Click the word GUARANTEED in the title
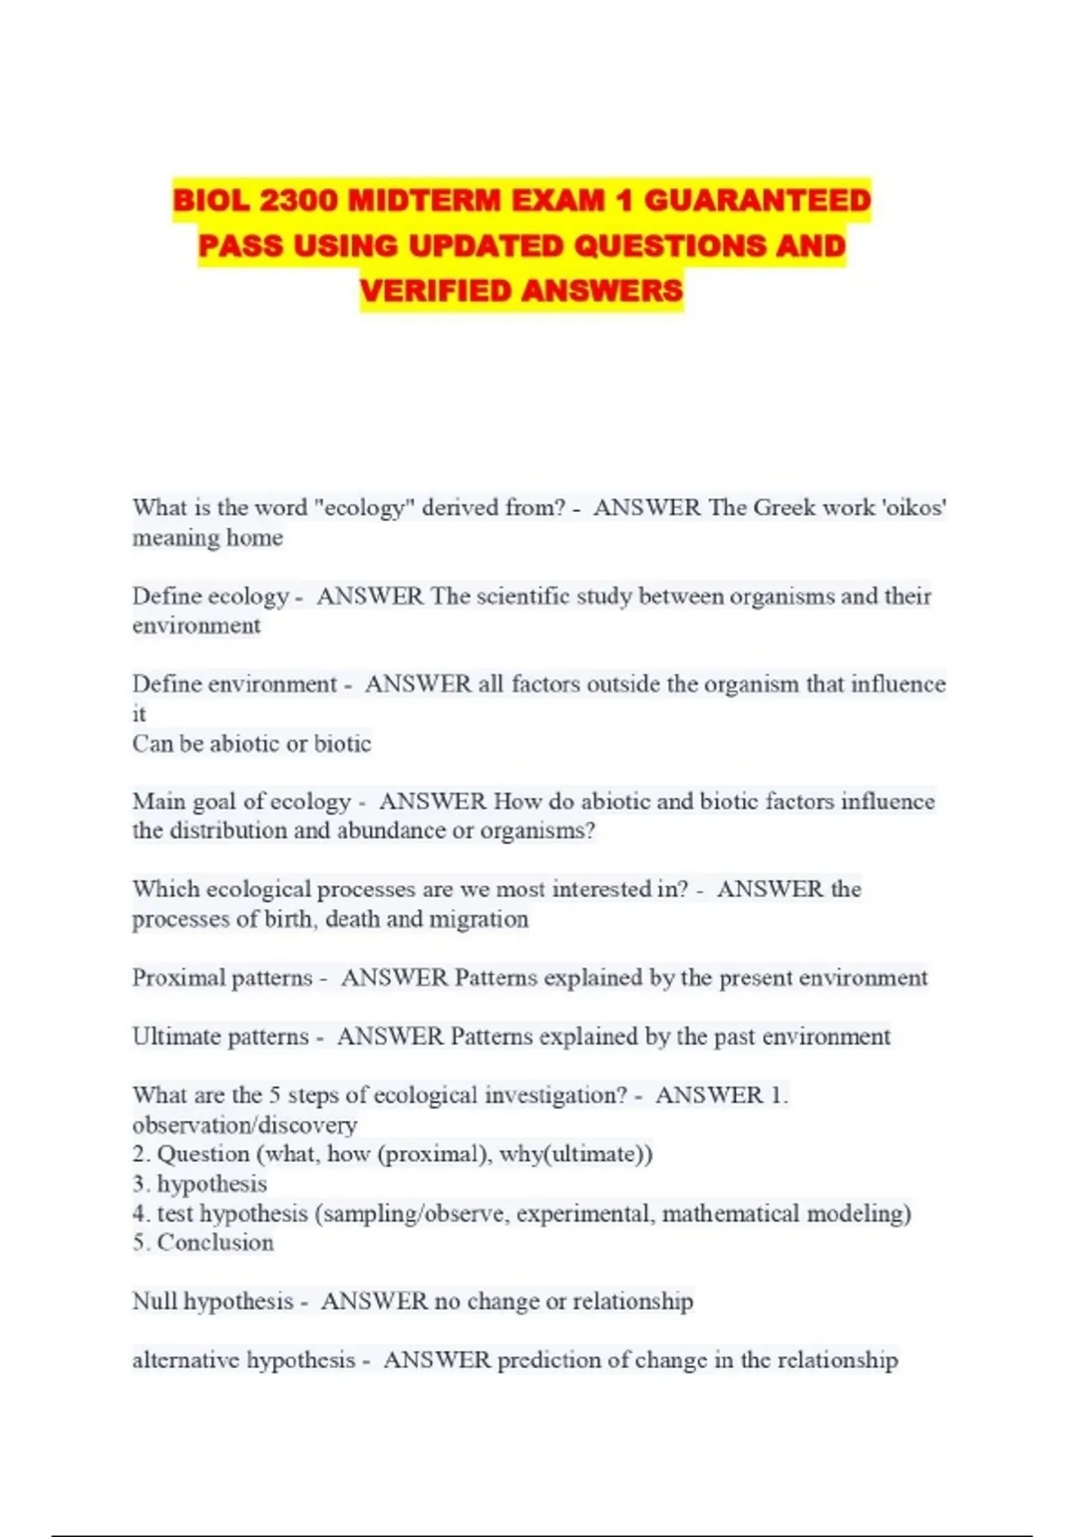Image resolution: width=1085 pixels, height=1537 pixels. pos(757,200)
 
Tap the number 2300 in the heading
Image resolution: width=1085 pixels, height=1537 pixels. pos(298,200)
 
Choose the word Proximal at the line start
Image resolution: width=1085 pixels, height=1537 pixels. pos(177,977)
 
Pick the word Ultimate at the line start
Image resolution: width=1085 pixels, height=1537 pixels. pos(175,1036)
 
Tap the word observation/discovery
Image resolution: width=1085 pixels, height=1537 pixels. pos(244,1125)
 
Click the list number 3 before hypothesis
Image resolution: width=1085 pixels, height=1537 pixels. pos(138,1183)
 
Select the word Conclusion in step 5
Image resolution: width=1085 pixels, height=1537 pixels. pos(215,1242)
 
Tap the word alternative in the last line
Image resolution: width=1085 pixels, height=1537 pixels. pos(185,1360)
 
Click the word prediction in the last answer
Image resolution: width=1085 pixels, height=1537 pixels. pos(552,1360)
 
